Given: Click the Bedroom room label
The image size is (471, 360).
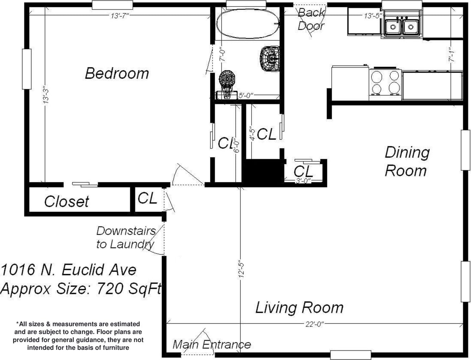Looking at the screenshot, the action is [117, 73].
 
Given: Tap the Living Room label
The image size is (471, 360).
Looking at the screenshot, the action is [299, 307].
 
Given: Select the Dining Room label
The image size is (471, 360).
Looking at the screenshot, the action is [407, 161].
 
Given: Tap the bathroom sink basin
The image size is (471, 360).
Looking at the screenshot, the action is [270, 58].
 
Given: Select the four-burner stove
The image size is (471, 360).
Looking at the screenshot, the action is [385, 82].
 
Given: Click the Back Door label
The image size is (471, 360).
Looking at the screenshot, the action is [311, 19].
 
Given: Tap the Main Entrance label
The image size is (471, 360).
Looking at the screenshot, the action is [212, 344].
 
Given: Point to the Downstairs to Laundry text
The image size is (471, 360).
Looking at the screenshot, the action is [126, 238].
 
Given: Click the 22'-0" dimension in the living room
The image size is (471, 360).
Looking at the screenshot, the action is [314, 324].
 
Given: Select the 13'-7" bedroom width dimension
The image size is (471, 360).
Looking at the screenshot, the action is [120, 16].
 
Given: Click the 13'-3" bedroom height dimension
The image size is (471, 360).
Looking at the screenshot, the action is [46, 95].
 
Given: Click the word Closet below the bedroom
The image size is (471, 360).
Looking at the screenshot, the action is [66, 201].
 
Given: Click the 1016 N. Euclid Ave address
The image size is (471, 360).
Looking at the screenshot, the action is [69, 270].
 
